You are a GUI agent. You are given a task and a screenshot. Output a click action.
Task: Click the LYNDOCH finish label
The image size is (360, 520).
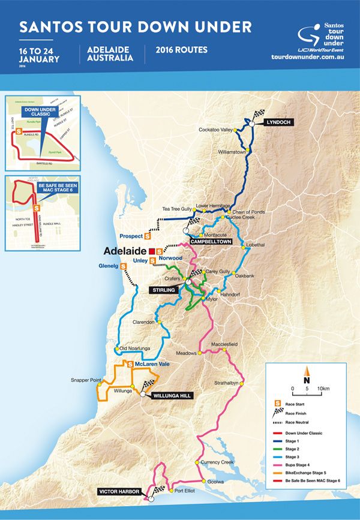277,122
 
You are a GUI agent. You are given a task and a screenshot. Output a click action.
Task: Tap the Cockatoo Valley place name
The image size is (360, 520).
215,130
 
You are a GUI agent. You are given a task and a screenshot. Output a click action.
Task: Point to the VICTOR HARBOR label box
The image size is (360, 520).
121,492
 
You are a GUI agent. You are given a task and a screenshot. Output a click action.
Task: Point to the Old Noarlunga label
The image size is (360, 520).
133,348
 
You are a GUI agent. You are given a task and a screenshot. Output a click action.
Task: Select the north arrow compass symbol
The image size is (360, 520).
306,374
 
